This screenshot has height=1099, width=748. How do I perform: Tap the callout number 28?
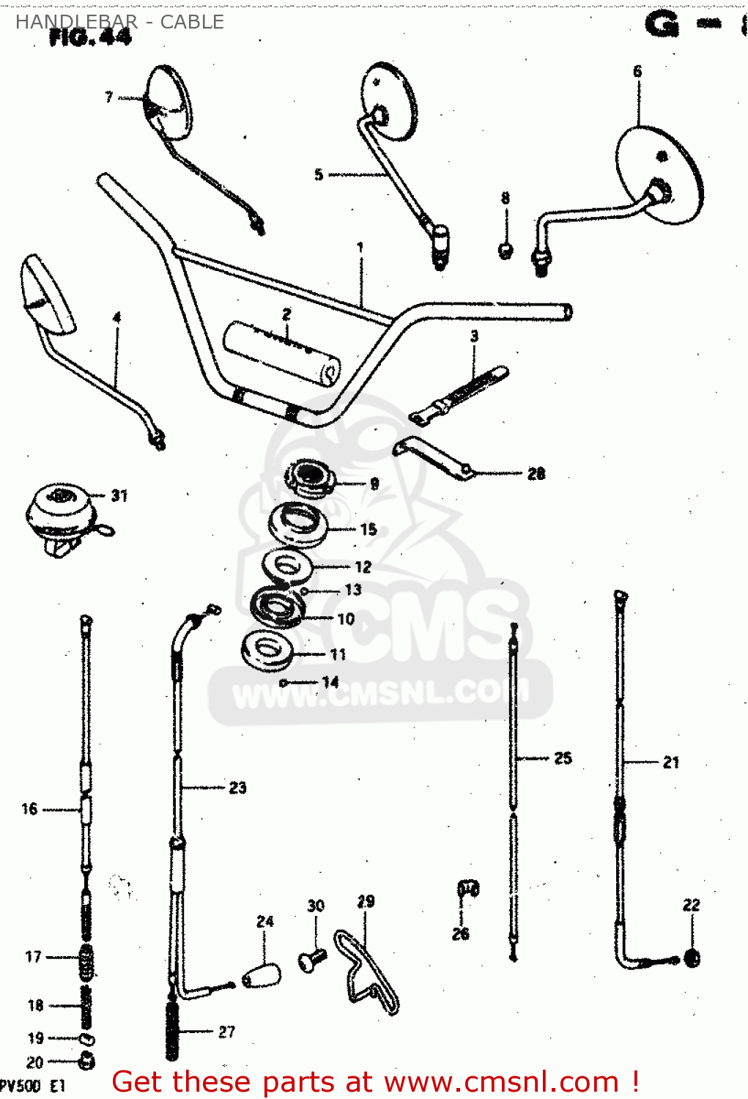(536, 474)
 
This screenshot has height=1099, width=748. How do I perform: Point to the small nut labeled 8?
(506, 251)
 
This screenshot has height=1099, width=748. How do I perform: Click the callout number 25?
(563, 758)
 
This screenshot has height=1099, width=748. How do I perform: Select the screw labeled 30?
(312, 958)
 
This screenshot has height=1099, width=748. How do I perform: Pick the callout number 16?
(29, 809)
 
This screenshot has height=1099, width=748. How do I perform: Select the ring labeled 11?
(268, 650)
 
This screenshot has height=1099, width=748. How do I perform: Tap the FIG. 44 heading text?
(90, 37)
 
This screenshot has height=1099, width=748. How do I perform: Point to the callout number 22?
(692, 905)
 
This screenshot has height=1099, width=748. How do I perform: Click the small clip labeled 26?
(467, 889)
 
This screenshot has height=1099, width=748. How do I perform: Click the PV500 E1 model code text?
(33, 1086)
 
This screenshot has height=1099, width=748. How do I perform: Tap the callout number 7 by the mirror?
(109, 97)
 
